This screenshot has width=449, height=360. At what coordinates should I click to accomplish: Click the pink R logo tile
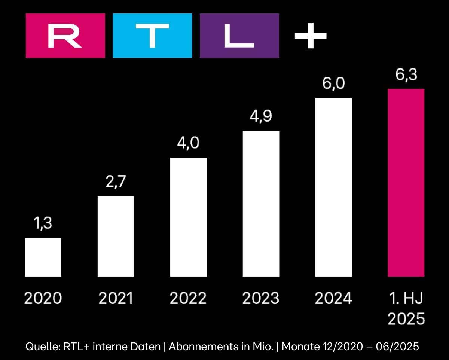tap(65, 36)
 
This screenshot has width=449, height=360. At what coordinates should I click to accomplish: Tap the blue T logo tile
tap(152, 36)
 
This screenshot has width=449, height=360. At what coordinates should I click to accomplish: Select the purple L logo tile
tap(239, 36)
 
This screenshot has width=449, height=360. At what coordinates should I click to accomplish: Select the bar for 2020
tap(43, 257)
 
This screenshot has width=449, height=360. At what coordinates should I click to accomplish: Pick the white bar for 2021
tap(116, 237)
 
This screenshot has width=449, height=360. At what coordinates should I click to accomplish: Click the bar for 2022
tap(188, 217)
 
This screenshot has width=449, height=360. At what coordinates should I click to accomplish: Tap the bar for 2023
tap(261, 204)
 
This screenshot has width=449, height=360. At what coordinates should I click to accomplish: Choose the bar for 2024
tap(333, 187)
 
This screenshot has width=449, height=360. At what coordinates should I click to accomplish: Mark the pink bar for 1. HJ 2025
tap(406, 183)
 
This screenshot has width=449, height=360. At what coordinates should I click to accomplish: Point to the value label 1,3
tap(43, 224)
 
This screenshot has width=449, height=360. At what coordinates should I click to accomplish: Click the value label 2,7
tap(116, 183)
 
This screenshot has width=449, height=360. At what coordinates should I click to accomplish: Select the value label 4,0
tap(188, 144)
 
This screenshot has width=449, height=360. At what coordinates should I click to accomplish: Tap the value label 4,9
tap(261, 117)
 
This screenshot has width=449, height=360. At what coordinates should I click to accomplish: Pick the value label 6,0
tap(333, 84)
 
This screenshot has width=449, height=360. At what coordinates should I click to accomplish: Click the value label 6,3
tap(406, 75)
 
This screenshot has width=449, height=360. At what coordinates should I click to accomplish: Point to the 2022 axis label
tap(188, 299)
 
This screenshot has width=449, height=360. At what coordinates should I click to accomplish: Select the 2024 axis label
tap(333, 299)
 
